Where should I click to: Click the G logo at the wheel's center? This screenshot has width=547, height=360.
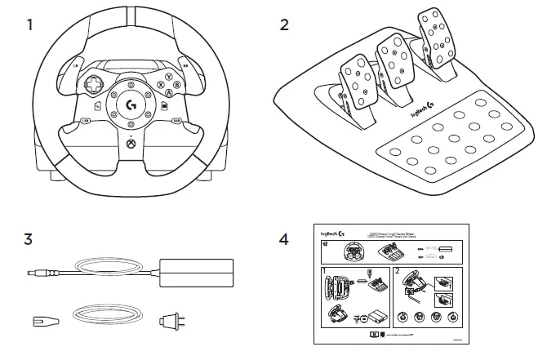130,104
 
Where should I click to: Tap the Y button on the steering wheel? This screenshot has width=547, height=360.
168,77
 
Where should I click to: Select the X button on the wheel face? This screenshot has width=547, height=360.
158,84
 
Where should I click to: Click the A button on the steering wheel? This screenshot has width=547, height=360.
168,93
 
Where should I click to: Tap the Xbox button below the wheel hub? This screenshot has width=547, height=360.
131,149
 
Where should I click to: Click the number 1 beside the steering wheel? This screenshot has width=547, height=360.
30,24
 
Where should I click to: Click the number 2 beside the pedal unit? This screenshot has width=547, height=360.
284,24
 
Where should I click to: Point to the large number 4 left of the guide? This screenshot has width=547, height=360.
284,240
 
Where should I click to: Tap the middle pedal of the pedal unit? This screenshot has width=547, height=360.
392,64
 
